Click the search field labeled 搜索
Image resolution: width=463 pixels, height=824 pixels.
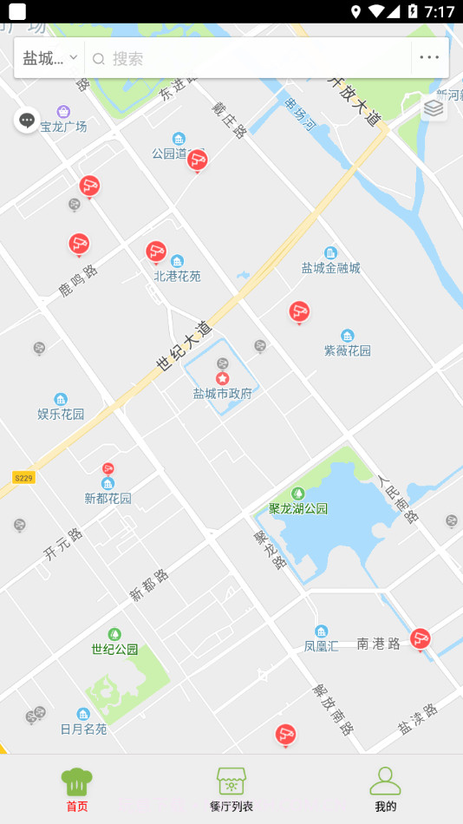click(x=251, y=58)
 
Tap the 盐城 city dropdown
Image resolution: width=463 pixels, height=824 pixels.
click(x=50, y=58)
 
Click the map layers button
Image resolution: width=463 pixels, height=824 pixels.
click(x=434, y=108)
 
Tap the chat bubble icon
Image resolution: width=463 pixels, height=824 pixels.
click(x=27, y=120)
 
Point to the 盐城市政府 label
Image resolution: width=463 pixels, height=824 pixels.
click(x=222, y=393)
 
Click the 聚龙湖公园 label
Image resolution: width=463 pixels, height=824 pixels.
click(x=298, y=508)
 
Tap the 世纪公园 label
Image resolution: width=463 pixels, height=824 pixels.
click(x=114, y=649)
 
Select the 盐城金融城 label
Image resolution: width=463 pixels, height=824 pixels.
click(x=330, y=268)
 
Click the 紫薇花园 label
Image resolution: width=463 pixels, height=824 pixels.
click(x=347, y=350)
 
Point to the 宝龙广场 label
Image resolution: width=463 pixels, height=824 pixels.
click(x=63, y=127)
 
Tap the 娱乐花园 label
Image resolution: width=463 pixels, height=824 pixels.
click(x=61, y=414)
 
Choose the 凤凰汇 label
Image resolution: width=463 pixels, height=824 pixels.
click(x=321, y=645)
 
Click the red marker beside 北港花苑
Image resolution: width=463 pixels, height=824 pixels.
click(x=156, y=252)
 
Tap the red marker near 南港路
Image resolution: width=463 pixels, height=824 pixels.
click(x=421, y=639)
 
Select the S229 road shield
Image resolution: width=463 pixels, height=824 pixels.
click(x=23, y=478)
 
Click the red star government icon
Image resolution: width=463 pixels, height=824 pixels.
click(x=222, y=378)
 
